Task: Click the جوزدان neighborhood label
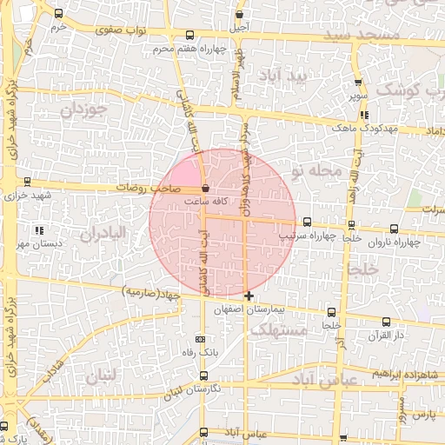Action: tap(84, 110)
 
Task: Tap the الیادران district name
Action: tap(103, 233)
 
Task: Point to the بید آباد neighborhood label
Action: tap(284, 77)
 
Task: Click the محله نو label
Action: tap(319, 171)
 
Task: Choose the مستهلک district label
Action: tap(278, 330)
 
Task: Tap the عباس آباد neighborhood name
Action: tap(325, 380)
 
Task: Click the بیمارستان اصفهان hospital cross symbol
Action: tap(249, 296)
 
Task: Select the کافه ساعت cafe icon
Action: tap(205, 188)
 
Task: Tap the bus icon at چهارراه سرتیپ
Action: tap(307, 222)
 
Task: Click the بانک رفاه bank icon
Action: tap(203, 339)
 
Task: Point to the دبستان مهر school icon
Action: tap(37, 230)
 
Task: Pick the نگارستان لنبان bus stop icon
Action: tap(203, 375)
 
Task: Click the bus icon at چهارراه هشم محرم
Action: tap(190, 35)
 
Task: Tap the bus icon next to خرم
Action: tap(58, 14)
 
